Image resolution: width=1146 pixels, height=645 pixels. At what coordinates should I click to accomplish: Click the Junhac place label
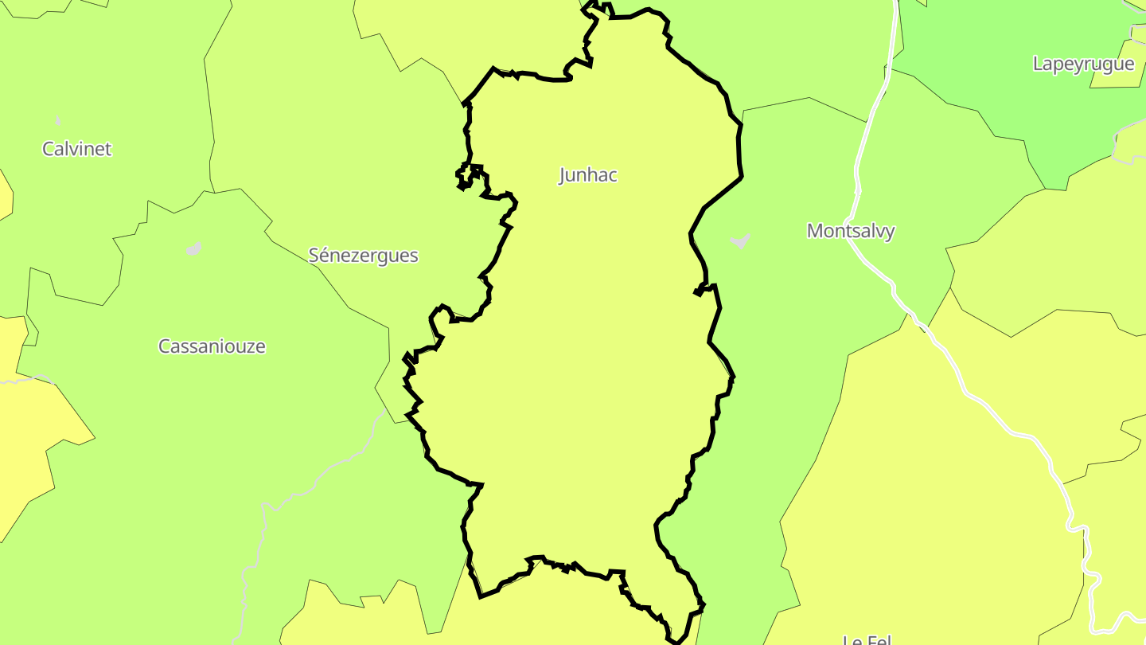588,175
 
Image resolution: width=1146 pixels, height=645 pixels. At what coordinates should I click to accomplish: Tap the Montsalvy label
851,231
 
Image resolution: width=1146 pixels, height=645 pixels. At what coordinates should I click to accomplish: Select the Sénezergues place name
363,256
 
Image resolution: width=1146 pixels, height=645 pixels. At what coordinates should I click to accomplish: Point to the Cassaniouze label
212,346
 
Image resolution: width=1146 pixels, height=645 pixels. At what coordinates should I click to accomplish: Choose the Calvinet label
77,149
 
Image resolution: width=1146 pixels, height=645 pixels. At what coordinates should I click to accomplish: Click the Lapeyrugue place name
1083,64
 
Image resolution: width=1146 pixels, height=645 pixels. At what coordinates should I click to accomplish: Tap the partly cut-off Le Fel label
867,639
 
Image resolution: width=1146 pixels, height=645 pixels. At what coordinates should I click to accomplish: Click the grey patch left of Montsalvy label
740,240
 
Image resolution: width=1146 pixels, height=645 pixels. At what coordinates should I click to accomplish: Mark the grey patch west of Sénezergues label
193,249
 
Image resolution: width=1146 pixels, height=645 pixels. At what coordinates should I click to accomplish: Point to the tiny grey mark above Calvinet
58,121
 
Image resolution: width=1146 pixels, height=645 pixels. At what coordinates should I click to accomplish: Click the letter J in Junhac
563,175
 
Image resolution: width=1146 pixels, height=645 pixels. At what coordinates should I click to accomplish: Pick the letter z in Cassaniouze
246,347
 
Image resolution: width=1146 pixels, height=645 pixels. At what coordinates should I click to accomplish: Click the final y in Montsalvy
890,233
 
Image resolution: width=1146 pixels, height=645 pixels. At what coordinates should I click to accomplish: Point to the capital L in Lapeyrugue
1038,64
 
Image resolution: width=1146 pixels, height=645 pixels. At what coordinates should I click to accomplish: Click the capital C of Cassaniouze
164,346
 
